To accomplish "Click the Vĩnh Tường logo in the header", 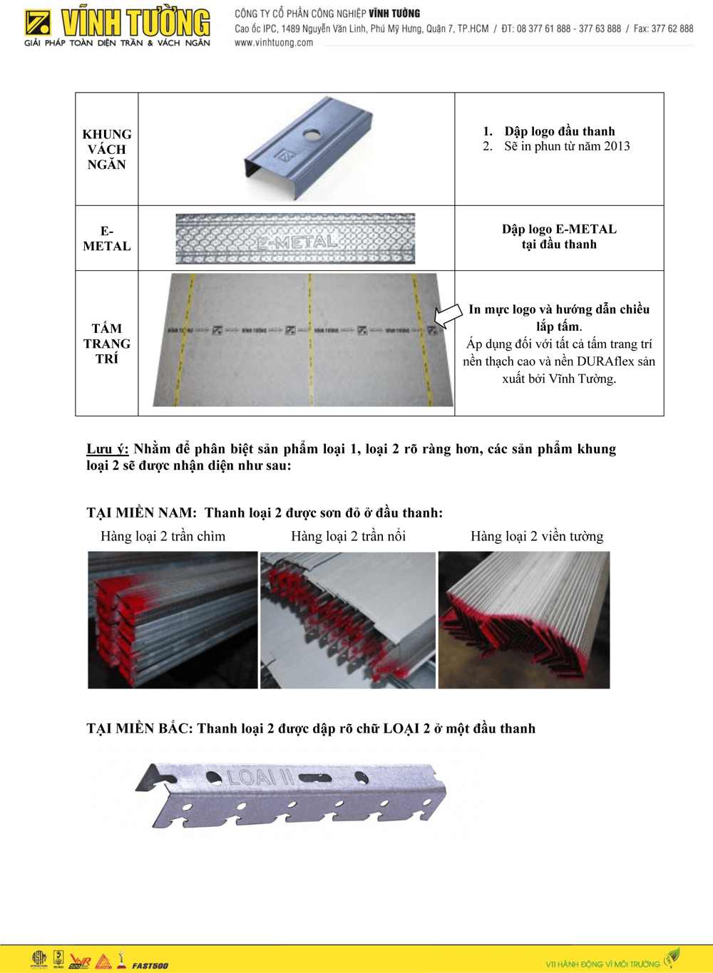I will point(118,27).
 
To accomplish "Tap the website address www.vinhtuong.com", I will point(274,43).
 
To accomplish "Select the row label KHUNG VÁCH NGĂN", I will point(107,149).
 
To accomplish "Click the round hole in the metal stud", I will point(311,133).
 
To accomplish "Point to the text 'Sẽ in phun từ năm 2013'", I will point(567,146).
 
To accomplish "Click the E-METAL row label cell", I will point(107,239).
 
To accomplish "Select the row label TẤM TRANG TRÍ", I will point(107,344).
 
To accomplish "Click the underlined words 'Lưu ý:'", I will point(107,449).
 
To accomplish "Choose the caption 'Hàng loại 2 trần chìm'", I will point(163,536).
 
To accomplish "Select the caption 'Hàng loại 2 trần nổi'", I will point(348,536).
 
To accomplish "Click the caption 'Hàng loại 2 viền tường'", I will point(537,536).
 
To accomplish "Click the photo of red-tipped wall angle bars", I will point(524,620).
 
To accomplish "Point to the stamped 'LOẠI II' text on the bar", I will point(260,777).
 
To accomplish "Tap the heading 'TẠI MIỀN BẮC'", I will point(139,729).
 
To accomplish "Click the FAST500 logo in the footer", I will point(150,966).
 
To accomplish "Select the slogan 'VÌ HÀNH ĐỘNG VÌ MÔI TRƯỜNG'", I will point(602,964).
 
